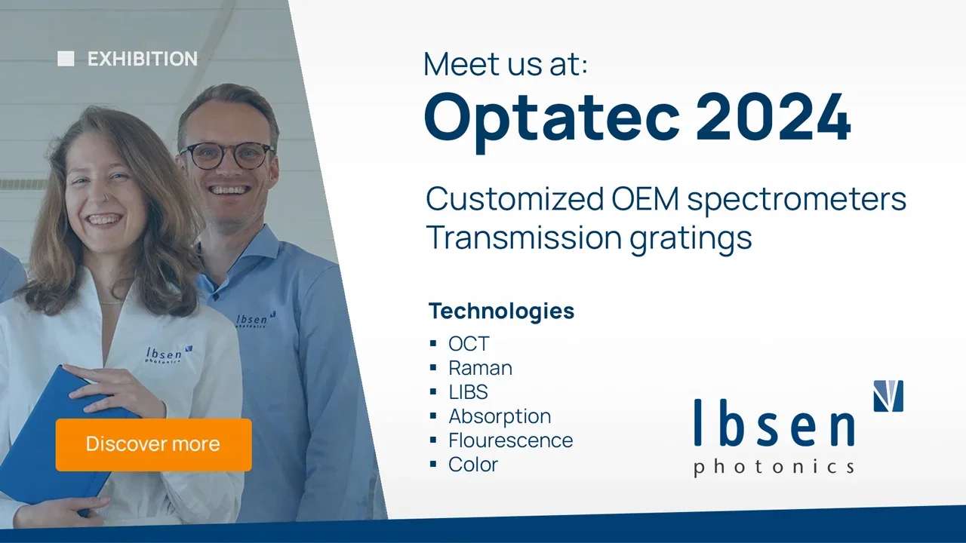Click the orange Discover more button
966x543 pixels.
click(x=153, y=444)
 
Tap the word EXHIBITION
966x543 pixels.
click(x=143, y=59)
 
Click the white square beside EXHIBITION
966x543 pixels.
click(x=66, y=59)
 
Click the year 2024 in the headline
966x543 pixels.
click(x=774, y=117)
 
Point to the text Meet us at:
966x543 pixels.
click(x=506, y=64)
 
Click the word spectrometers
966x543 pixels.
click(x=797, y=201)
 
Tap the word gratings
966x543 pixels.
click(x=691, y=238)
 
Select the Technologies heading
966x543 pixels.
click(x=501, y=311)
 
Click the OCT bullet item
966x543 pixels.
click(x=469, y=344)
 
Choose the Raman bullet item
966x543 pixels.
click(x=481, y=368)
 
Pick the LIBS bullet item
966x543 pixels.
click(x=468, y=392)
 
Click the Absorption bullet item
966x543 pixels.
click(x=500, y=417)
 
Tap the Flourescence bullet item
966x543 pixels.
click(x=511, y=440)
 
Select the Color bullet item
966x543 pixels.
click(x=473, y=465)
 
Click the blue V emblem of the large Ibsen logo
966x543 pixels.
click(x=888, y=396)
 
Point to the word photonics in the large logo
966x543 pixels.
click(x=774, y=468)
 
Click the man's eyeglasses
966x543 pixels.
click(x=227, y=155)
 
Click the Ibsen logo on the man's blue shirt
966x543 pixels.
click(x=256, y=319)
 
